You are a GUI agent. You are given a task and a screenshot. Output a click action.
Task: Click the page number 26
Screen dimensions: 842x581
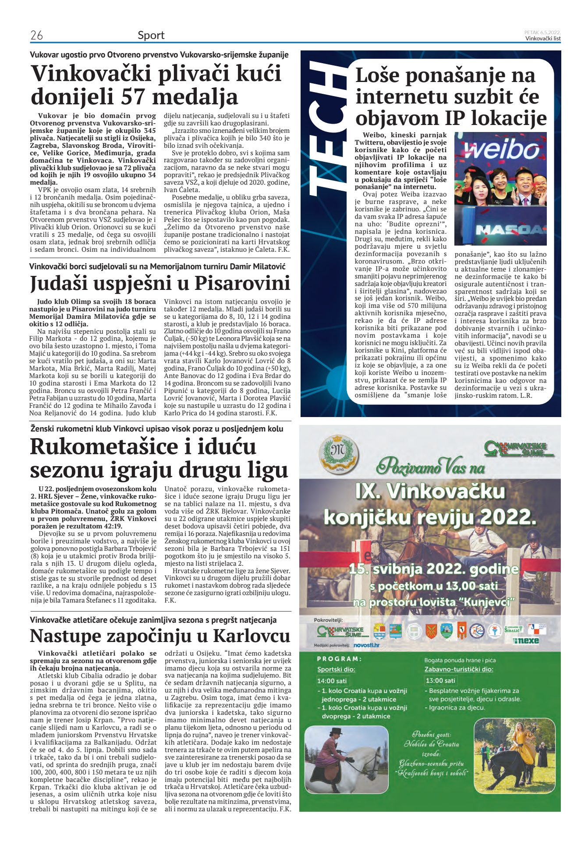36,36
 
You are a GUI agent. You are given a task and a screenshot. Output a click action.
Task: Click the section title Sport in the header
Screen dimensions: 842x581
151,36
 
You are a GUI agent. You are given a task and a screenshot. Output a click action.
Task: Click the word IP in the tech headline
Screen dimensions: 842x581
459,118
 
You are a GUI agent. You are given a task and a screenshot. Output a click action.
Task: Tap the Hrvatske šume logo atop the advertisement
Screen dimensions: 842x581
515,449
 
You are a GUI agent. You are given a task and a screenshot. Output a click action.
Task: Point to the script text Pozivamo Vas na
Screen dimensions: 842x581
431,466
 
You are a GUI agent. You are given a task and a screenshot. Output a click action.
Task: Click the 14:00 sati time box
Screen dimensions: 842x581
332,681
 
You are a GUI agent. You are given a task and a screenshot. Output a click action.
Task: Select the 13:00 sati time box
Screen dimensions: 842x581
440,680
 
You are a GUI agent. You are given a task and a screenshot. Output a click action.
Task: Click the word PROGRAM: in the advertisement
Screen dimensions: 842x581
339,659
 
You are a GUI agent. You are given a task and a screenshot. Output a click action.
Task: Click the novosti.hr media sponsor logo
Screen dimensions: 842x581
366,645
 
